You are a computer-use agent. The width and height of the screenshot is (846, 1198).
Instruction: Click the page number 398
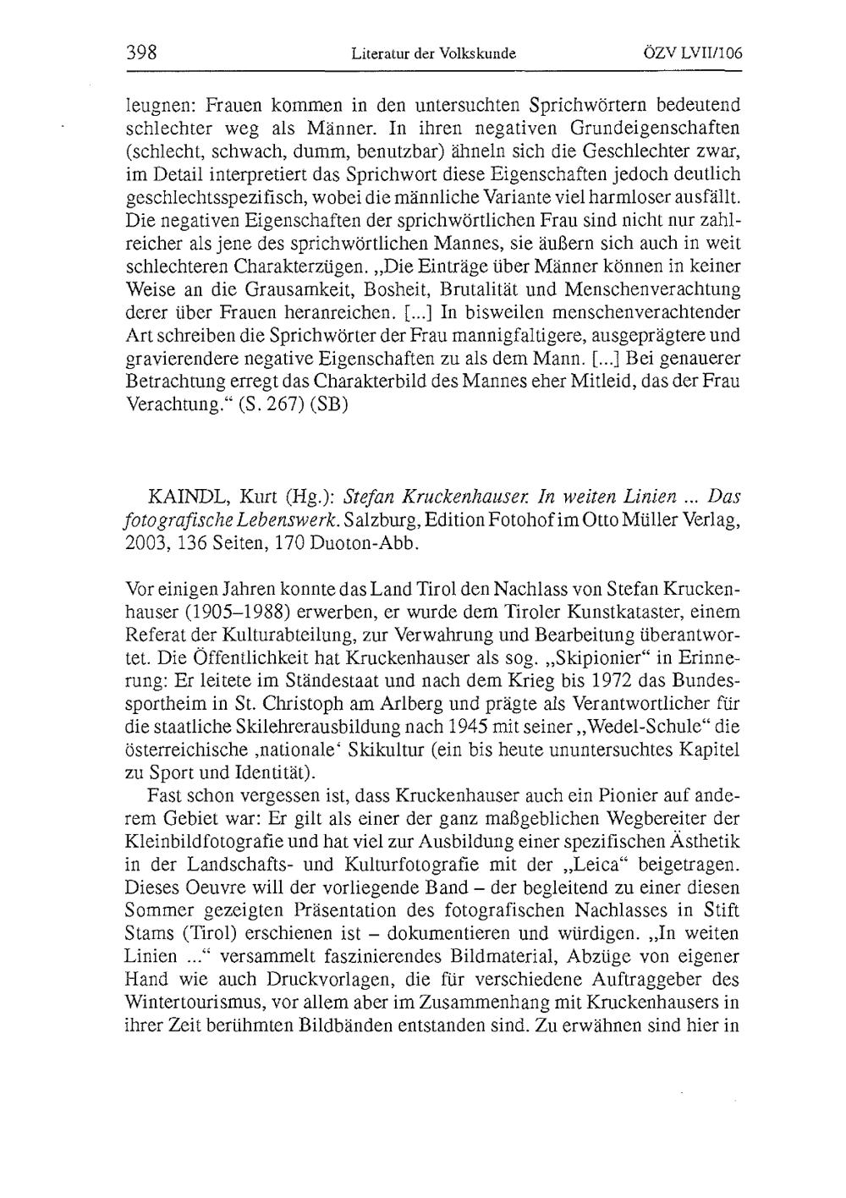click(141, 52)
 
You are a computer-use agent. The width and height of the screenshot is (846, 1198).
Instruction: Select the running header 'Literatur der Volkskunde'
click(433, 53)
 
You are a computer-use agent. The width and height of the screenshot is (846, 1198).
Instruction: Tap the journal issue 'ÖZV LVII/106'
click(692, 52)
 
